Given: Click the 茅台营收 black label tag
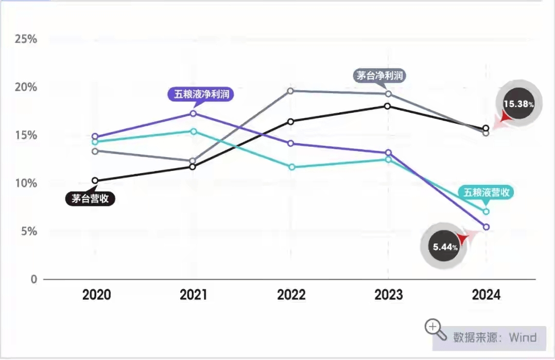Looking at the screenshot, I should click(x=90, y=199).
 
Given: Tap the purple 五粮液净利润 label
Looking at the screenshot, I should click(x=201, y=94).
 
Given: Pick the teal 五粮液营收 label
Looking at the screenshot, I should click(x=487, y=192).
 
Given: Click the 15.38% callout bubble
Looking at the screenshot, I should click(x=518, y=104).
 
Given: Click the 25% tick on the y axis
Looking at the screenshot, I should click(x=25, y=39).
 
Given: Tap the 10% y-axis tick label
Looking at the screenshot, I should click(x=25, y=183).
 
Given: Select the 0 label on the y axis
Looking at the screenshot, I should click(x=34, y=279).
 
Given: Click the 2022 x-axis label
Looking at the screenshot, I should click(x=291, y=295).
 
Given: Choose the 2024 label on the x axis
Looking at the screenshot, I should click(x=485, y=295).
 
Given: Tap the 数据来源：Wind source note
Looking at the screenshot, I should click(x=494, y=337).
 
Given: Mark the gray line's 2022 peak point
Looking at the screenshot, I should click(x=290, y=91).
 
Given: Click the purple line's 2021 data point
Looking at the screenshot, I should click(x=193, y=113).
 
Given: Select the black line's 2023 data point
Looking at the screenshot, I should click(x=388, y=106).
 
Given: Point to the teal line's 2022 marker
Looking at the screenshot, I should click(x=291, y=167).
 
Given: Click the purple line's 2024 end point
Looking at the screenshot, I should click(x=485, y=227).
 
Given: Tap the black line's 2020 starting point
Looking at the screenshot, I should click(x=95, y=181).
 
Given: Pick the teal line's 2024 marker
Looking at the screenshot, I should click(x=485, y=212).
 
